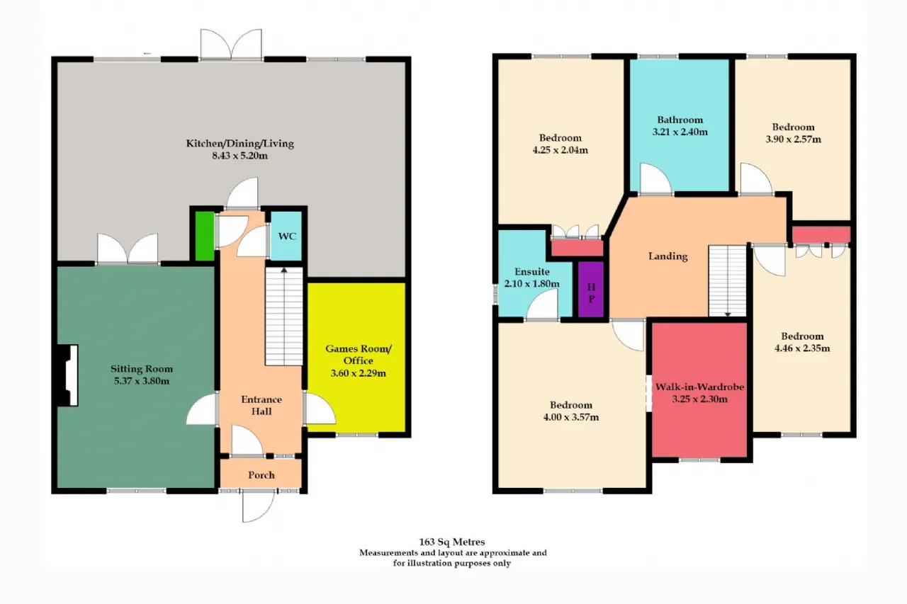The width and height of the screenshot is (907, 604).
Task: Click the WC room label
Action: (287, 237)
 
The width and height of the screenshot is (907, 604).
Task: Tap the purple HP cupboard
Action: (591, 290)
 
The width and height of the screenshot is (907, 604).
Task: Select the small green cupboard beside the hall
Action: (205, 237)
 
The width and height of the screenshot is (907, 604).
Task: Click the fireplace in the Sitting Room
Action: (67, 375)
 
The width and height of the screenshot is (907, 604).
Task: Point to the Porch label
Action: (261, 475)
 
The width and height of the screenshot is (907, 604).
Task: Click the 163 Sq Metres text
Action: (452, 542)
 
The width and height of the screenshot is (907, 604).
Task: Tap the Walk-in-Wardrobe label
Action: (699, 387)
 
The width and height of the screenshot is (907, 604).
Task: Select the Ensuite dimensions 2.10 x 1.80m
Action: (532, 284)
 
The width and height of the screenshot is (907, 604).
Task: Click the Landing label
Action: (668, 256)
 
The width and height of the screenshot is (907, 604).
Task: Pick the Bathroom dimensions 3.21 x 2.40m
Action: (680, 132)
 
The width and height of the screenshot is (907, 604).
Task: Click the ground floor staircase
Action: (284, 317)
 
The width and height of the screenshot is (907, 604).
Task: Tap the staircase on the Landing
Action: (728, 281)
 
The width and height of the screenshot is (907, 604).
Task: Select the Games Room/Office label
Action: (359, 354)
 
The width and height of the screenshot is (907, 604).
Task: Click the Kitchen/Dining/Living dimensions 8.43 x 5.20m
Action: (240, 156)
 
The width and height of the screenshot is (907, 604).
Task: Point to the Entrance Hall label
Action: (261, 405)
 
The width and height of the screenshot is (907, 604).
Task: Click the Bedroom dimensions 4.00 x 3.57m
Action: (571, 417)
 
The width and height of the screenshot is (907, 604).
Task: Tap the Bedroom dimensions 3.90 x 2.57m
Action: (793, 139)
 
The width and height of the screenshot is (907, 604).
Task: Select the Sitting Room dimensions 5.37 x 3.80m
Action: (142, 381)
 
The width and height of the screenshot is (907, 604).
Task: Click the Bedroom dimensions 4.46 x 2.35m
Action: (802, 348)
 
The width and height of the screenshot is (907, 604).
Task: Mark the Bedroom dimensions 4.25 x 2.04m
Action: (560, 150)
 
